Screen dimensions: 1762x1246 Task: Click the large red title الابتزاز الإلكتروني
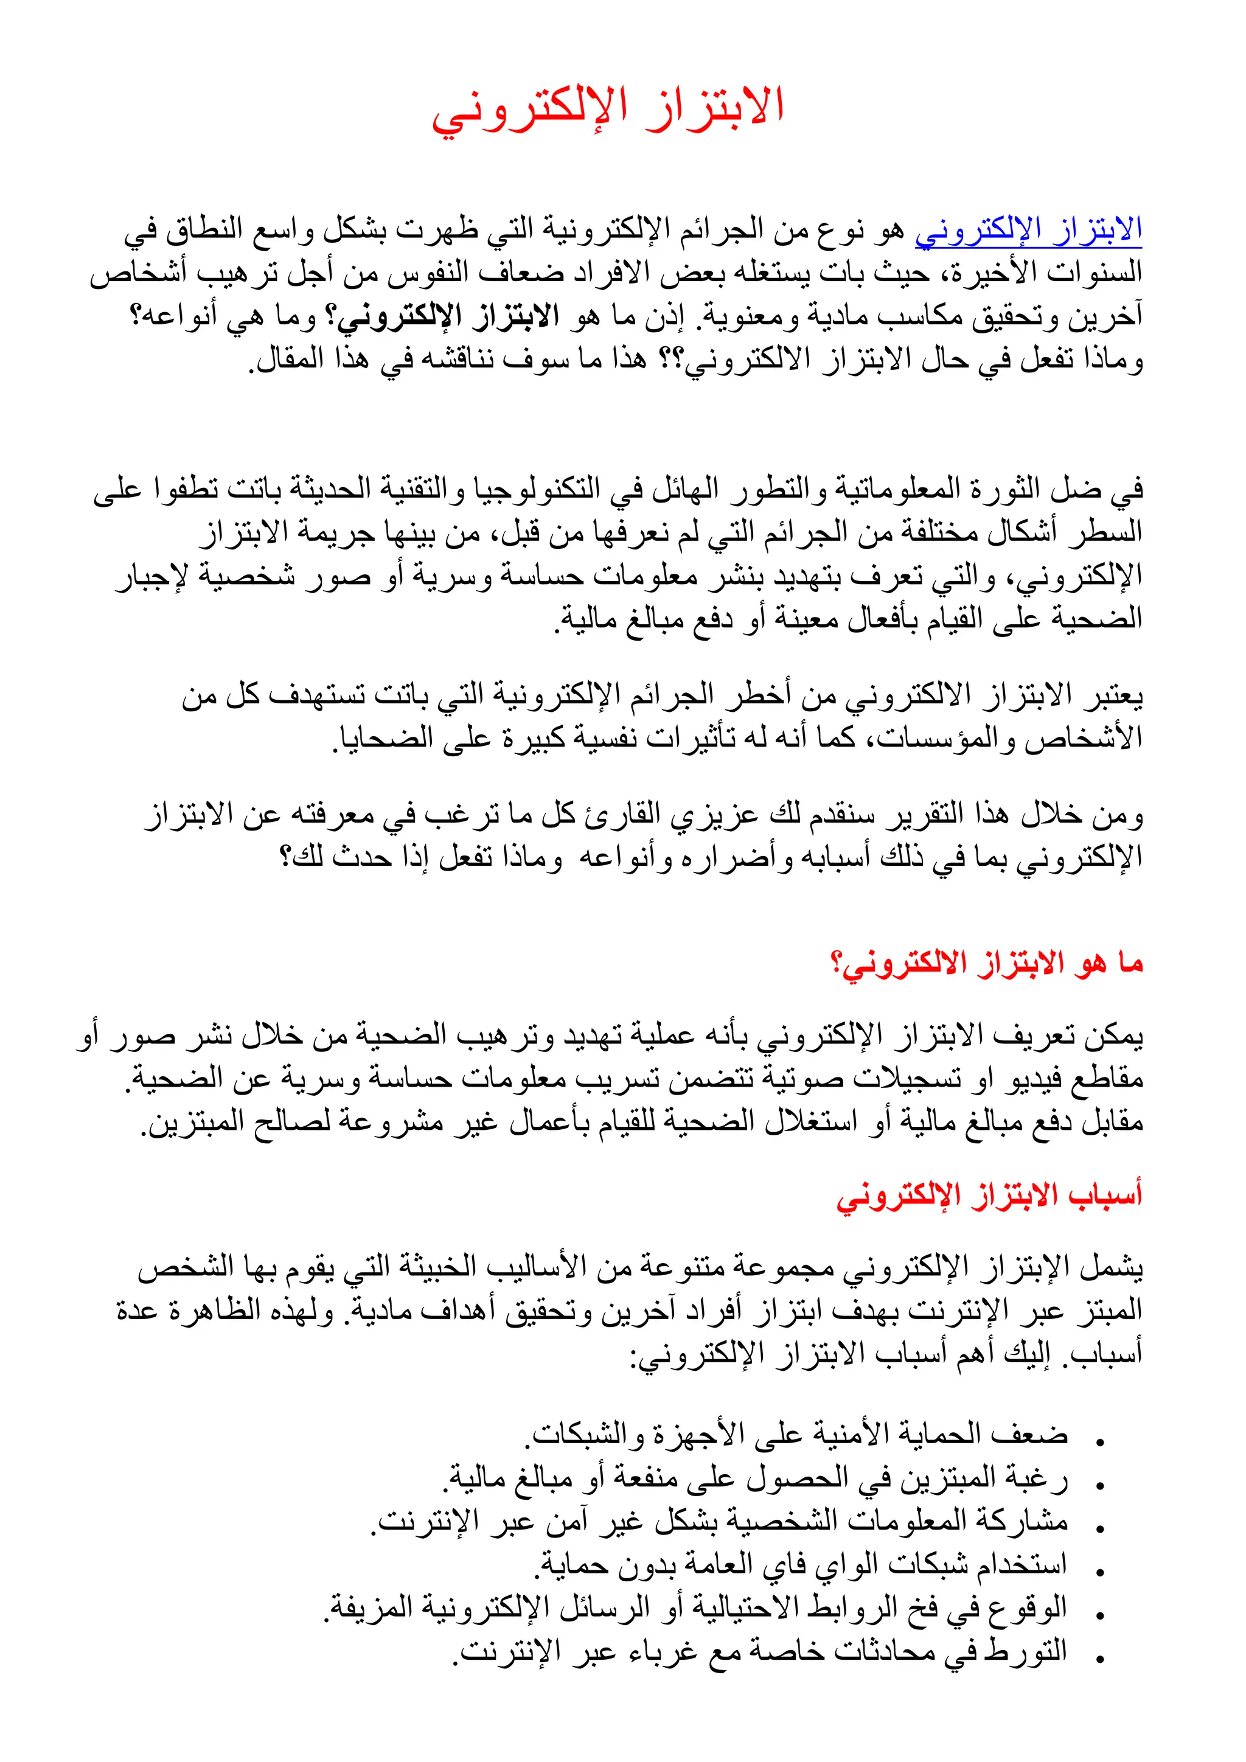point(608,108)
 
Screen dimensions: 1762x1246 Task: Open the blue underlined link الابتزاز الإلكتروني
point(1028,229)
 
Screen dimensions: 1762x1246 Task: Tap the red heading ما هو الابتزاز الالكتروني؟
point(987,963)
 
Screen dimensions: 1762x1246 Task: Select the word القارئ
point(621,816)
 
